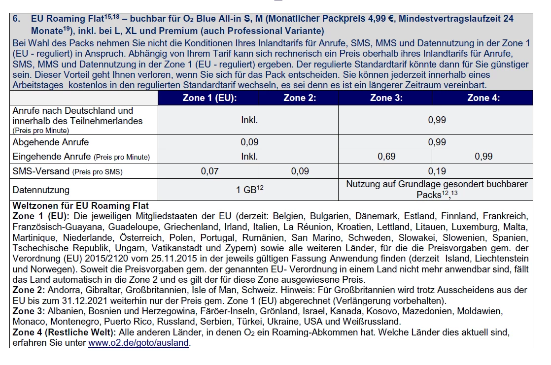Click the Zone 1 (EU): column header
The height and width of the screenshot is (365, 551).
tap(209, 98)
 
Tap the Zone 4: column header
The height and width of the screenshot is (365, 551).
tap(483, 98)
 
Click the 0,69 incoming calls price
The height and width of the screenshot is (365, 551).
tap(387, 157)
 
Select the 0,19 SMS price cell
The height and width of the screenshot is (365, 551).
tap(435, 171)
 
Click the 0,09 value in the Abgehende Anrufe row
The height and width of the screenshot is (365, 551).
tap(250, 142)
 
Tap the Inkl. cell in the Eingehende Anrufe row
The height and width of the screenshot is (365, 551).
tap(249, 157)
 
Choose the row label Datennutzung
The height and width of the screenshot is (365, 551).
tap(41, 190)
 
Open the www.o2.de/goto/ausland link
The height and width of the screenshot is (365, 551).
tap(138, 343)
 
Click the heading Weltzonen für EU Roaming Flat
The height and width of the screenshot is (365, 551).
tap(80, 205)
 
